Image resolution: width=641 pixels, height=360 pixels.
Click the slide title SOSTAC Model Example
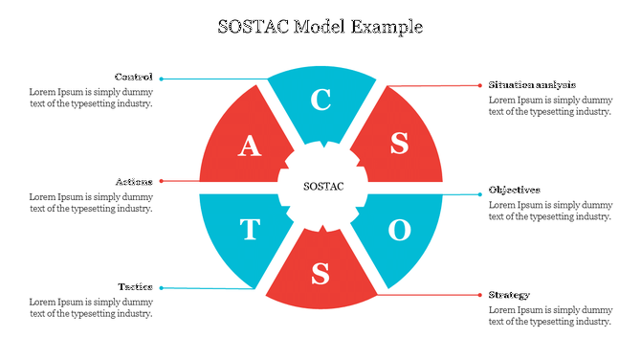pyautogui.click(x=320, y=26)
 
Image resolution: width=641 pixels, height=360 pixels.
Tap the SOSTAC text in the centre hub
pyautogui.click(x=322, y=186)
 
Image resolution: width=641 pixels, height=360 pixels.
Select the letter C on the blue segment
pyautogui.click(x=321, y=101)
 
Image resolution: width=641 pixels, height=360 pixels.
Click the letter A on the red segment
pyautogui.click(x=249, y=145)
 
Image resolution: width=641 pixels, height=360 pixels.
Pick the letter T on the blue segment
pyautogui.click(x=249, y=230)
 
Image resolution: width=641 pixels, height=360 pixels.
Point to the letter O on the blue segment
pyautogui.click(x=399, y=230)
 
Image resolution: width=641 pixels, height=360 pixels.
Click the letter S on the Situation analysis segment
pyautogui.click(x=399, y=144)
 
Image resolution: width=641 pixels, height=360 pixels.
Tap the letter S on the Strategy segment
pyautogui.click(x=321, y=274)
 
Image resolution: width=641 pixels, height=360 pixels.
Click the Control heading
pyautogui.click(x=134, y=77)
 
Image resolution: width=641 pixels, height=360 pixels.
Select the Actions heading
pyautogui.click(x=134, y=181)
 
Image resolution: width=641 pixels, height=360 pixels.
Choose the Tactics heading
pyautogui.click(x=135, y=286)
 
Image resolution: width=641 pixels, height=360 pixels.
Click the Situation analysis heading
pyautogui.click(x=532, y=84)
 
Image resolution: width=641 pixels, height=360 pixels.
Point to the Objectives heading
pyautogui.click(x=515, y=190)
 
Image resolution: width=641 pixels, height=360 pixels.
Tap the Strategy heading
pyautogui.click(x=509, y=294)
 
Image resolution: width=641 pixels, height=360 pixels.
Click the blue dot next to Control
pyautogui.click(x=162, y=78)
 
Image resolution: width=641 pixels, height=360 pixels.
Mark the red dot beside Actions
pyautogui.click(x=162, y=181)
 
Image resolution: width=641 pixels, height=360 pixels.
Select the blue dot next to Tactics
pyautogui.click(x=162, y=287)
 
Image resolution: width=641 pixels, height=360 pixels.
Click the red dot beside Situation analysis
pyautogui.click(x=479, y=85)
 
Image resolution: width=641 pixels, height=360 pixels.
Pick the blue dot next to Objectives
pyautogui.click(x=479, y=194)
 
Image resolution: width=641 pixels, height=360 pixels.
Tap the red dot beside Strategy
pyautogui.click(x=479, y=295)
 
